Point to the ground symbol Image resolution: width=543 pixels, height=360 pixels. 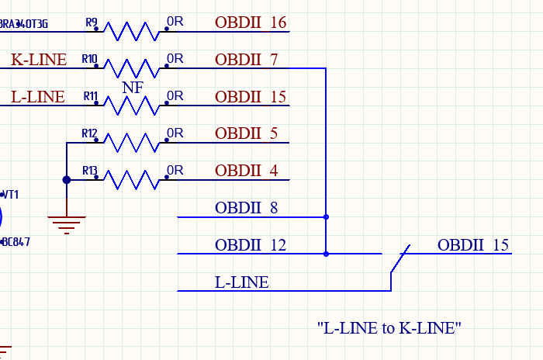pyautogui.click(x=67, y=225)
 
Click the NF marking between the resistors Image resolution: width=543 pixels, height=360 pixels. pyautogui.click(x=133, y=87)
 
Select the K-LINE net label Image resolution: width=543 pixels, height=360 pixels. pyautogui.click(x=39, y=59)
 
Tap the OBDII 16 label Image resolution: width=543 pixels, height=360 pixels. pyautogui.click(x=251, y=22)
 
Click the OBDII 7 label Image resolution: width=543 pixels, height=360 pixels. pyautogui.click(x=246, y=59)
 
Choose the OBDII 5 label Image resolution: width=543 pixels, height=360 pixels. pyautogui.click(x=246, y=133)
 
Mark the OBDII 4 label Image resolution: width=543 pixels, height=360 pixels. pyautogui.click(x=246, y=171)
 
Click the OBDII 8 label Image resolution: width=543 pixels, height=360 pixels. pyautogui.click(x=246, y=208)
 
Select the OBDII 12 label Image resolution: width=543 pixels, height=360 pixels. pyautogui.click(x=251, y=245)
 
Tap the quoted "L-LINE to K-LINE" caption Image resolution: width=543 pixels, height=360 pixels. pyautogui.click(x=389, y=327)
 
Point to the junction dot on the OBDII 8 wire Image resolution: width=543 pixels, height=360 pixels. pyautogui.click(x=326, y=217)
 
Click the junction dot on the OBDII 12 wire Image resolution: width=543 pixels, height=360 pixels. pyautogui.click(x=326, y=254)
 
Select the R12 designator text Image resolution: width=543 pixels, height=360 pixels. pyautogui.click(x=89, y=133)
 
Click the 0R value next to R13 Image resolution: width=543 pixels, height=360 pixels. pyautogui.click(x=175, y=170)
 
